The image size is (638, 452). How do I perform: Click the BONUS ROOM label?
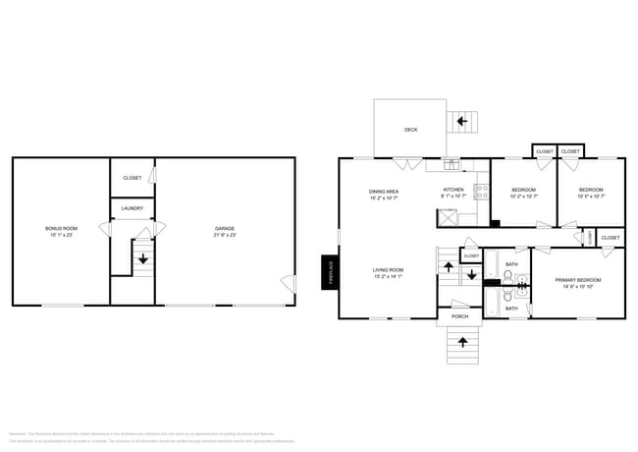(x=59, y=228)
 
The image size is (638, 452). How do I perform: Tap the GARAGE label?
(x=225, y=228)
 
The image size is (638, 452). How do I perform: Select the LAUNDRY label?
(x=133, y=208)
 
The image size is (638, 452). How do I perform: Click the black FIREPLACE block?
(x=330, y=272)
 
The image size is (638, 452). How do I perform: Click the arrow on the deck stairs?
(x=461, y=121)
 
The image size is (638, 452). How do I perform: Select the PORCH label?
(x=459, y=316)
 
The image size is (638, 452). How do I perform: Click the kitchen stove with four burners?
(x=482, y=192)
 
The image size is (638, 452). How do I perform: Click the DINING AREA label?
(x=384, y=192)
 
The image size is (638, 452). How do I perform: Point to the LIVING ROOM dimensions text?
(x=389, y=276)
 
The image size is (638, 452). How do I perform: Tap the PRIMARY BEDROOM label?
(x=577, y=280)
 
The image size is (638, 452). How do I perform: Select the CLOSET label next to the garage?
(x=133, y=178)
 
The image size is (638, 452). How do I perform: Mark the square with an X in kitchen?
(x=452, y=219)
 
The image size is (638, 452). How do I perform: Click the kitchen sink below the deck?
(x=452, y=162)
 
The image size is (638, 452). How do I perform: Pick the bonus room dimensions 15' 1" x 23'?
(x=59, y=236)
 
